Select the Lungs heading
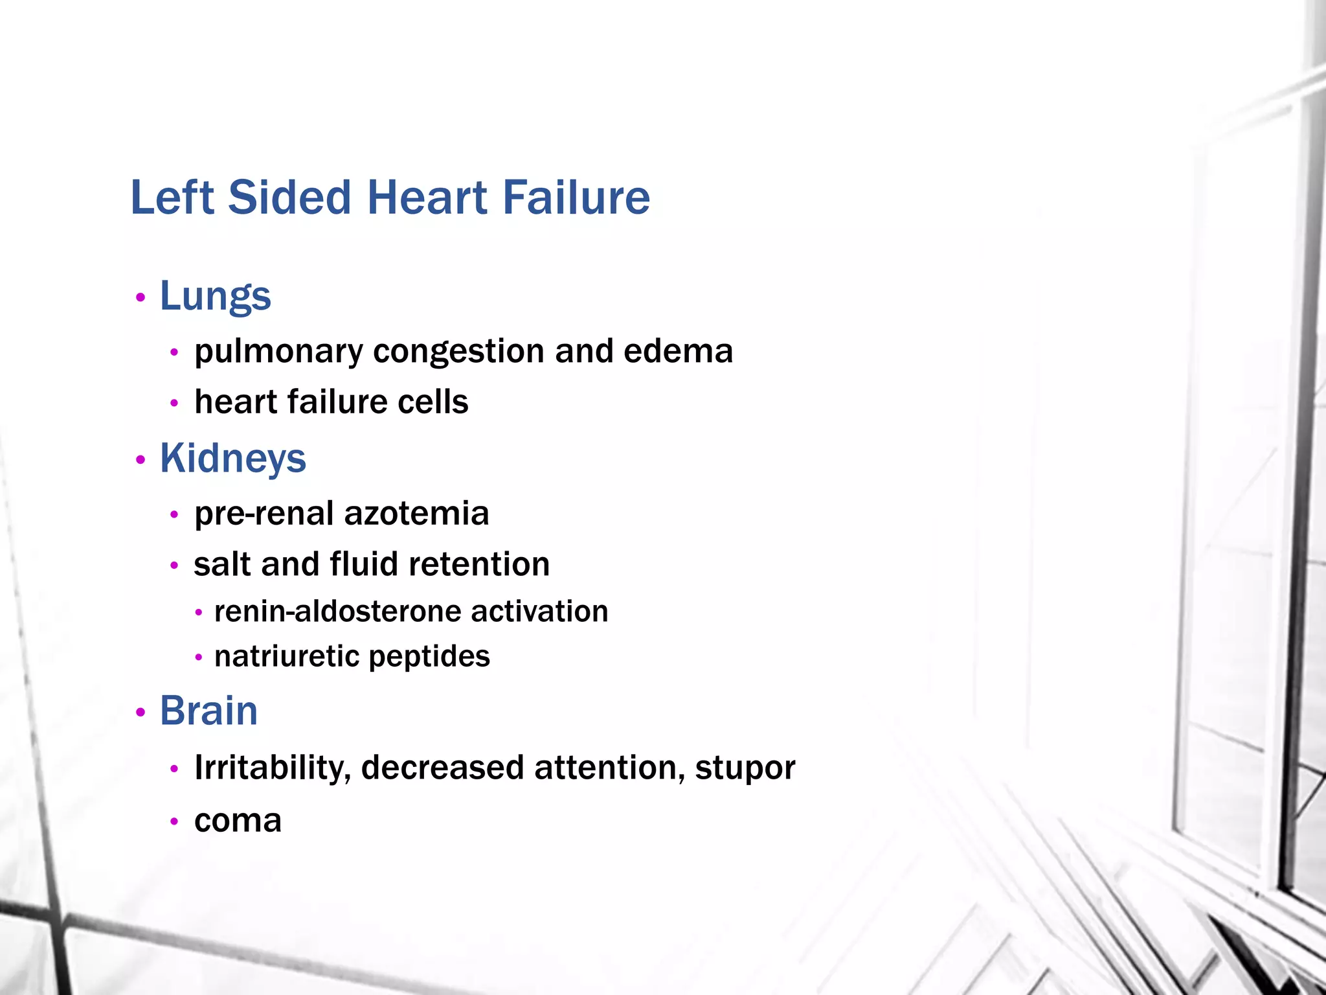215,297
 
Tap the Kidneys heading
232,459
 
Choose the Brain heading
208,711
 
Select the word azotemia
416,513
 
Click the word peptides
429,657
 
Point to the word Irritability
273,768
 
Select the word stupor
745,769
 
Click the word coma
238,821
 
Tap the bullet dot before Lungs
140,298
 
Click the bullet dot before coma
174,821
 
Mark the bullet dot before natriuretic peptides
199,658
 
